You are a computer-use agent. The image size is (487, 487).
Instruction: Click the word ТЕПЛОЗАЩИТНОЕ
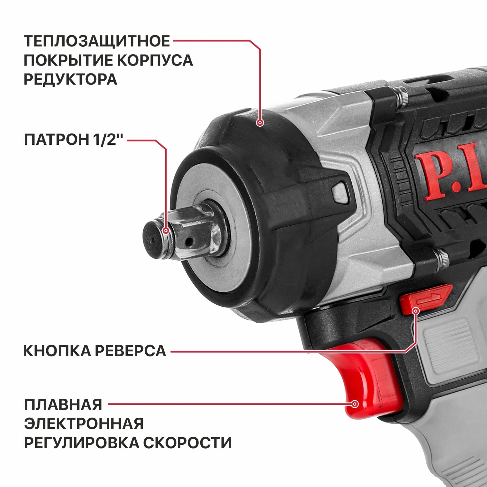97,41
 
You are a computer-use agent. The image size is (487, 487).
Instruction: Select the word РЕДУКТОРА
70,79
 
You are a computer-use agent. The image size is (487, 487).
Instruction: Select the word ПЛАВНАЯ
63,404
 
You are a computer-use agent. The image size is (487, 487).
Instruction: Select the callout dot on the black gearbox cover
260,123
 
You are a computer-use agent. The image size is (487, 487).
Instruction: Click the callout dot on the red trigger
355,404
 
